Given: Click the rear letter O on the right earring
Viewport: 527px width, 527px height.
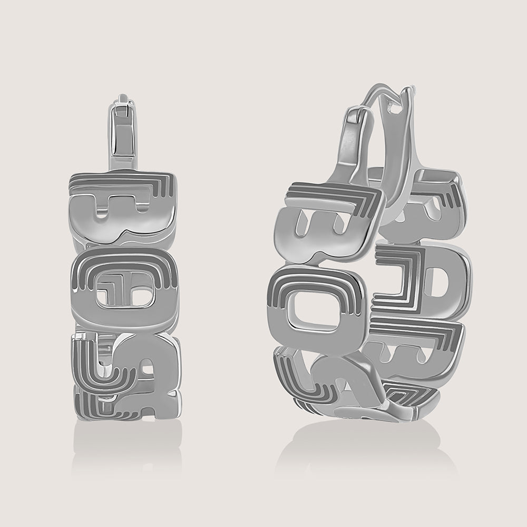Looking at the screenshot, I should (422, 274).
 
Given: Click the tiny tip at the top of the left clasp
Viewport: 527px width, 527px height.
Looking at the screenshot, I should (123, 99).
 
